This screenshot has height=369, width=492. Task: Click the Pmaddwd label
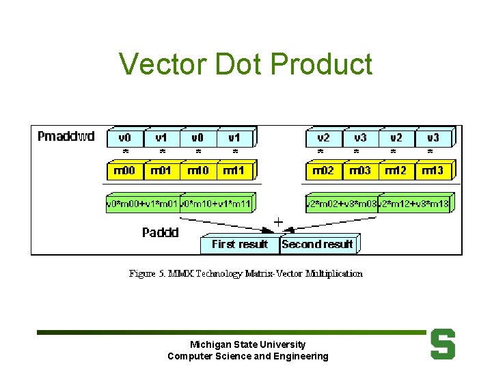[66, 137]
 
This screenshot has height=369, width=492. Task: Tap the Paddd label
[161, 233]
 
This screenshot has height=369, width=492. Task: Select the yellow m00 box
[124, 170]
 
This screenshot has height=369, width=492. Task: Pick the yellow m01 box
[161, 170]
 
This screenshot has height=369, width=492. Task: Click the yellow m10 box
[197, 170]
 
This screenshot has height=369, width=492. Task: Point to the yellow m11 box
[234, 170]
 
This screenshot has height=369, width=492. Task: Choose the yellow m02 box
[323, 170]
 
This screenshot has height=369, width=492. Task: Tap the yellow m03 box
[359, 170]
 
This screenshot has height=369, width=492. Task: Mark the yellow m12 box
[396, 170]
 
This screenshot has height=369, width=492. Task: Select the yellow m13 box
[433, 170]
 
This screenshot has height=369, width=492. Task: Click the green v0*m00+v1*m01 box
[142, 204]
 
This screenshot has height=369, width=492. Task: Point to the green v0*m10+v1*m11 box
[216, 204]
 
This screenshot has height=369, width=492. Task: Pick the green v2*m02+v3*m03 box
[342, 204]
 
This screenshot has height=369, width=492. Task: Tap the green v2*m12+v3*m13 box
[414, 204]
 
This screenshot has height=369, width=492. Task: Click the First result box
[239, 244]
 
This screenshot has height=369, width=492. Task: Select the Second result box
[317, 244]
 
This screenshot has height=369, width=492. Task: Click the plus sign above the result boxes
[278, 222]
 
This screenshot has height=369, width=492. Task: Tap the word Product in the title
[321, 64]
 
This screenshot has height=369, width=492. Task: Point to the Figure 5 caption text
[246, 273]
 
